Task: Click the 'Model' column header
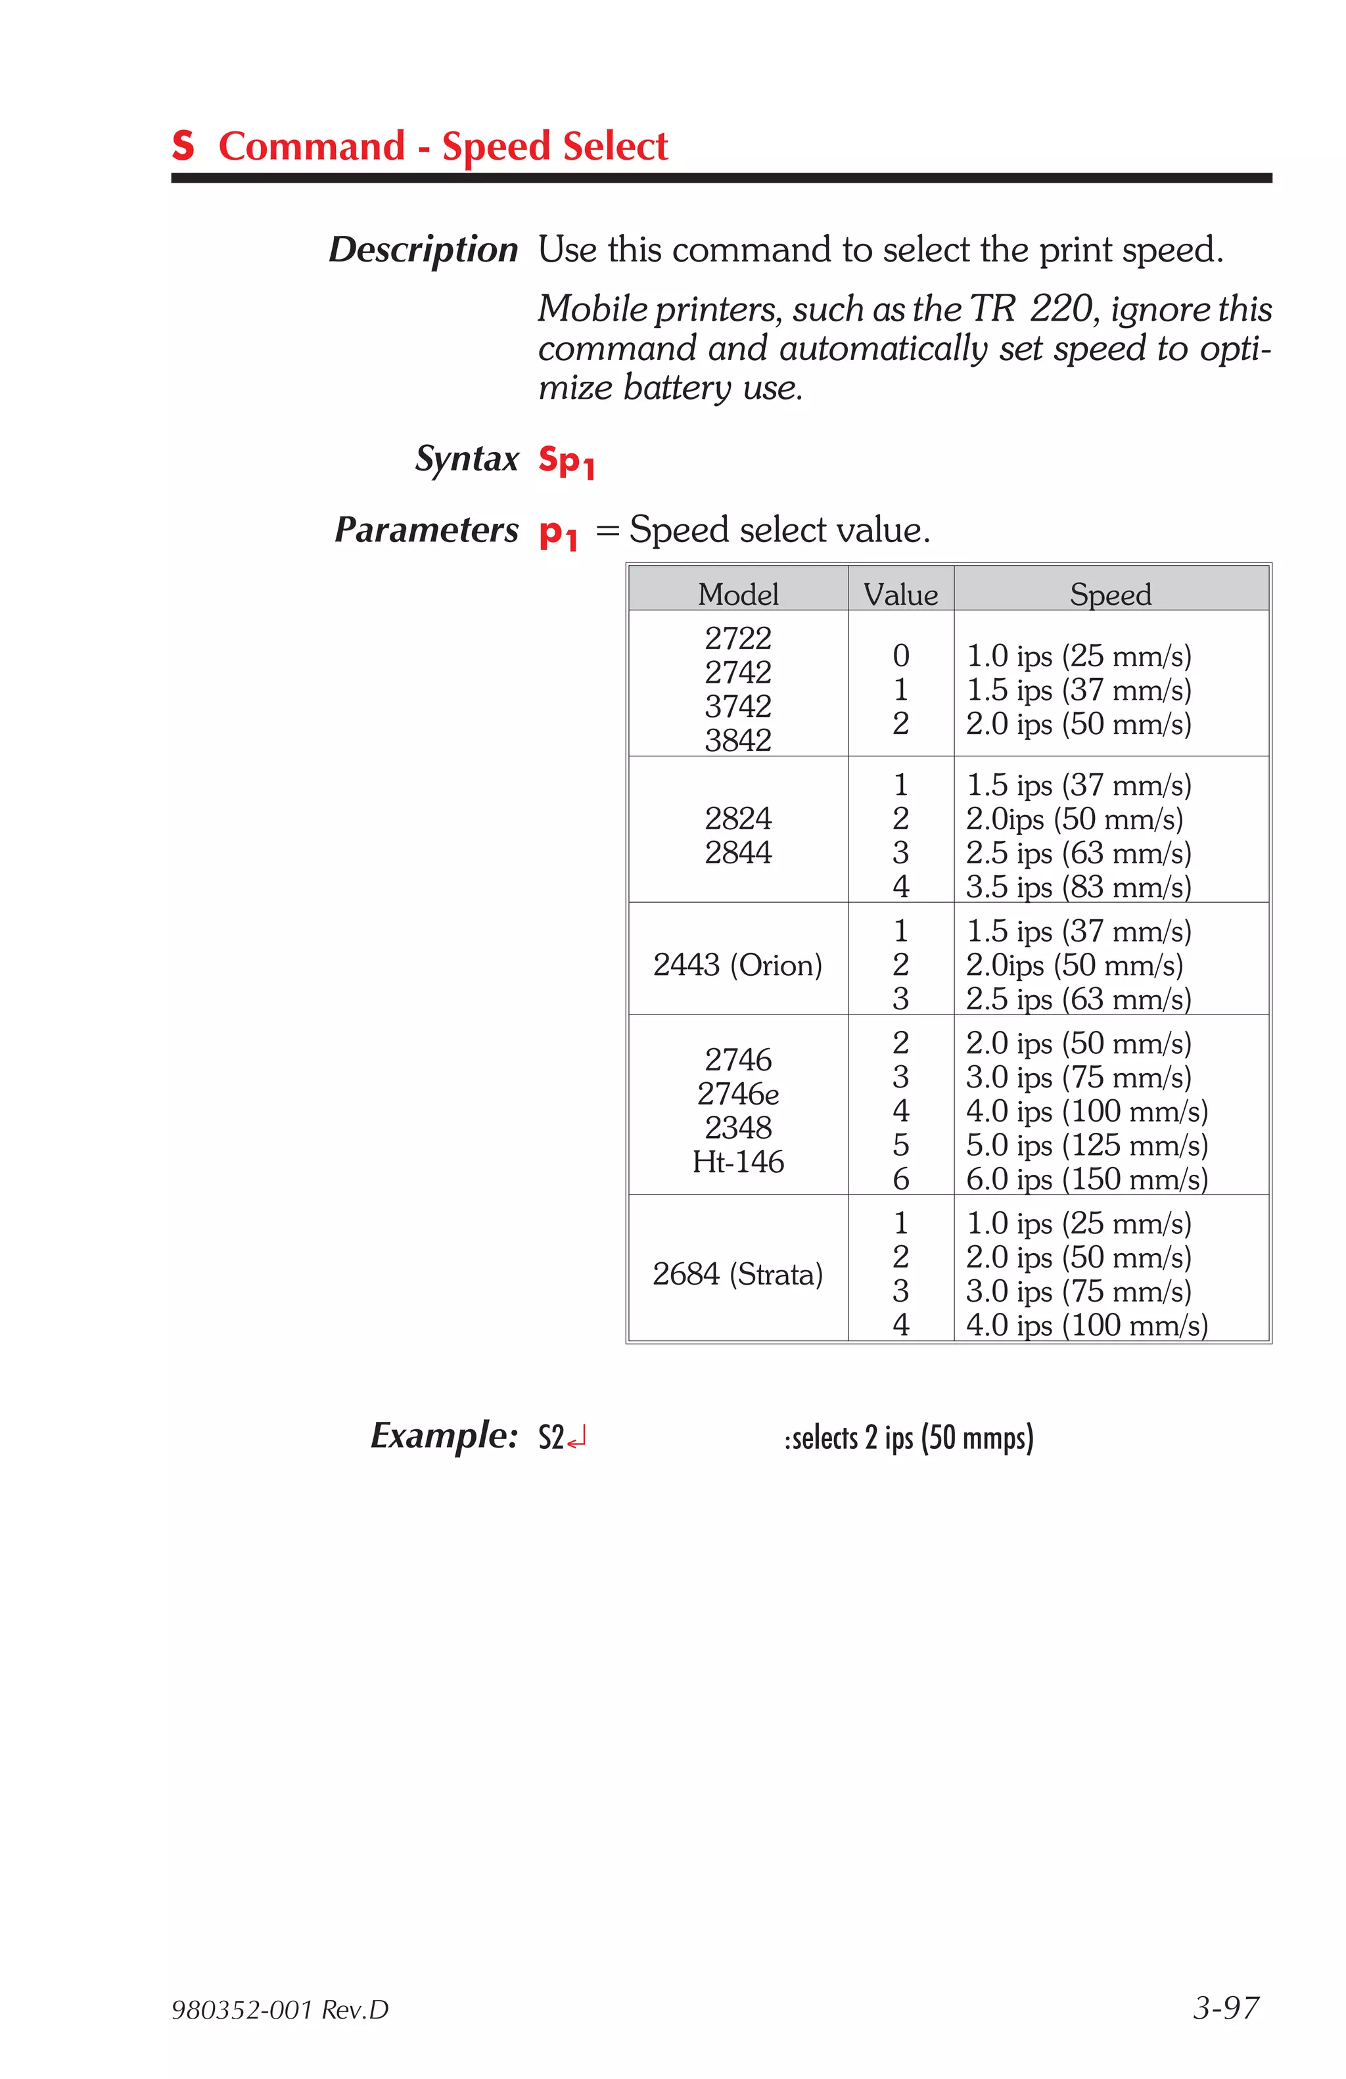coord(737,594)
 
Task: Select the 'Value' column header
coord(900,594)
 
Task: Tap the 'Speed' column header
coord(1109,594)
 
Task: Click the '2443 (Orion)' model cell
coord(737,965)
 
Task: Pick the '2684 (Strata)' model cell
coord(737,1273)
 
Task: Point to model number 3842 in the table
coord(737,740)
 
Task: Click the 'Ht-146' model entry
coord(737,1161)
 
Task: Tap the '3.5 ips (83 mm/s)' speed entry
coord(1078,886)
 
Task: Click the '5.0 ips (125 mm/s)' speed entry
coord(1086,1145)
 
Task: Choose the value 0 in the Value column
coord(900,655)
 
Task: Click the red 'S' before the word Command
coord(183,145)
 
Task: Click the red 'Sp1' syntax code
coord(565,461)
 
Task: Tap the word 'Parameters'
coord(427,530)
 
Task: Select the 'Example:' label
coord(444,1435)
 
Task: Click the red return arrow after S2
coord(576,1438)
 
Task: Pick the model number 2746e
coord(737,1093)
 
